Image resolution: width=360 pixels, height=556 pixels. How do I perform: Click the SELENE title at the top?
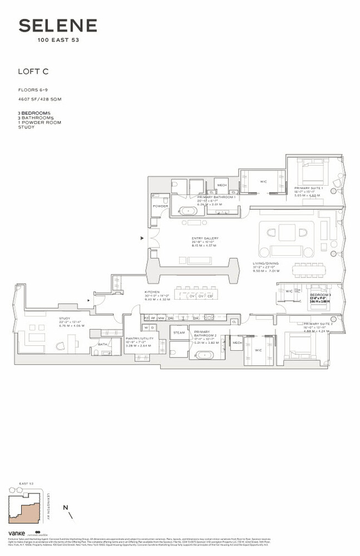[58, 26]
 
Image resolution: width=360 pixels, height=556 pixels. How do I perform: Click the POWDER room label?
[160, 206]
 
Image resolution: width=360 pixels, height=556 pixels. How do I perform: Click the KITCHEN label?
[152, 292]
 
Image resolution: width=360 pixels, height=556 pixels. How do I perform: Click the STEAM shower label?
[179, 332]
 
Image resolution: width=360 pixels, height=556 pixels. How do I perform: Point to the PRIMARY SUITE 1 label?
[308, 189]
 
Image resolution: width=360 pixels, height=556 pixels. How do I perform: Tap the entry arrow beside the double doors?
[142, 238]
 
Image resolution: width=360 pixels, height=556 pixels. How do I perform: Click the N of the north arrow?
[66, 507]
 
